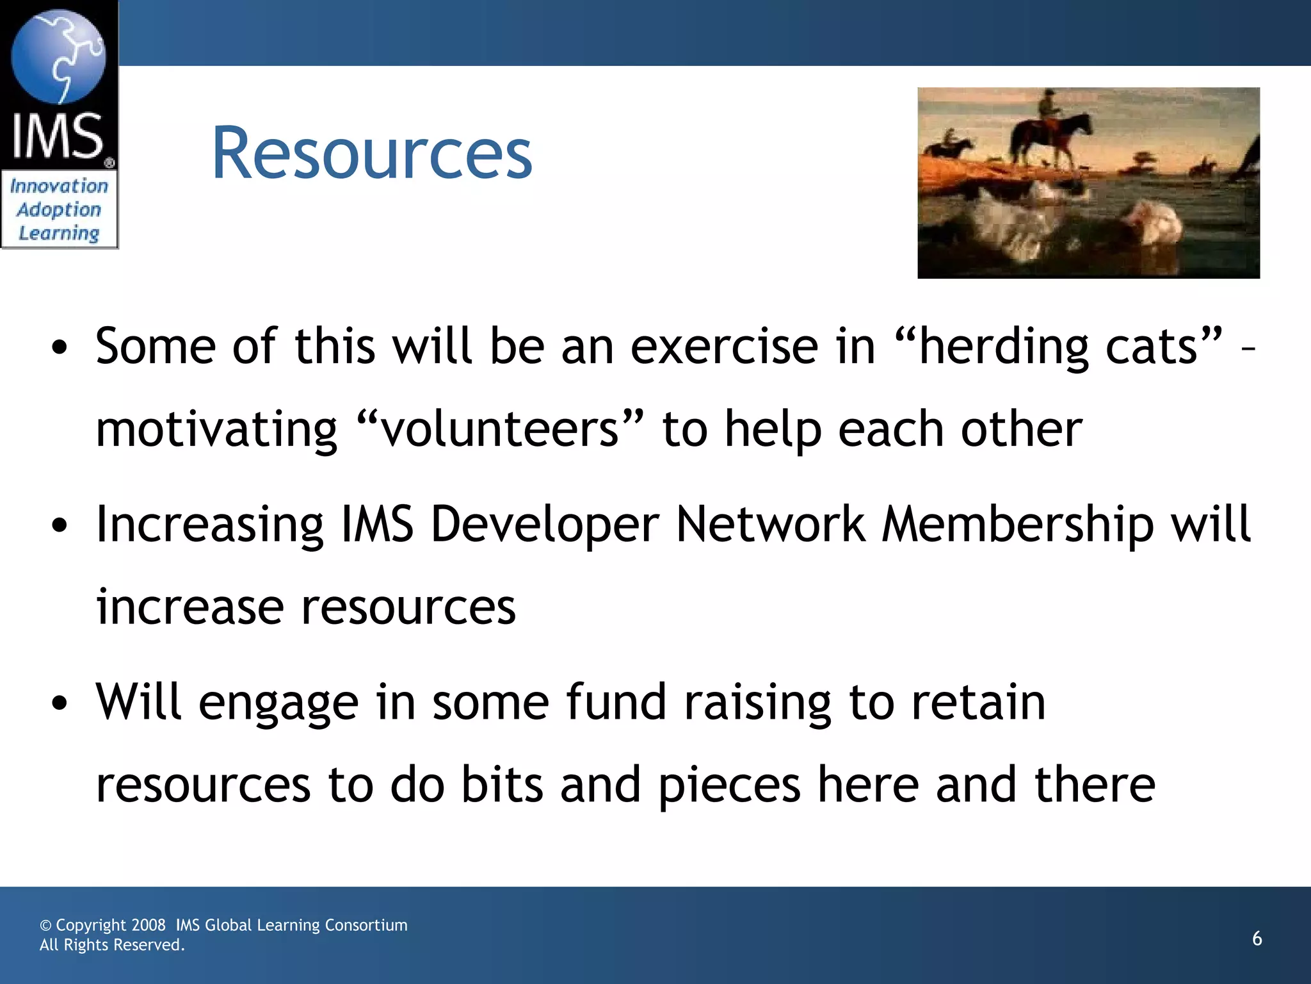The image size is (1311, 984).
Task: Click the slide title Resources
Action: click(x=371, y=154)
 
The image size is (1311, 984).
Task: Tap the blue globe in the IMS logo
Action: click(x=58, y=56)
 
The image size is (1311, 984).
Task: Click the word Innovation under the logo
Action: click(x=59, y=186)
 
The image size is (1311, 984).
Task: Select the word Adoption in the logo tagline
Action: click(x=59, y=210)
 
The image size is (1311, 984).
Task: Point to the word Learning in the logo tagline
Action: click(x=59, y=233)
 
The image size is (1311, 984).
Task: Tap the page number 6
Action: click(x=1257, y=939)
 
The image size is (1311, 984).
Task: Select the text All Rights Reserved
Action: click(x=112, y=945)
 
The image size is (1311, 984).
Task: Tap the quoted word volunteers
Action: click(x=499, y=429)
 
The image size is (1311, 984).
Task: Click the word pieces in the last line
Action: click(x=729, y=785)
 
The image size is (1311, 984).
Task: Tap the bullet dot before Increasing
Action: click(x=60, y=526)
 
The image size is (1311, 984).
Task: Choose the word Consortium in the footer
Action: click(x=366, y=925)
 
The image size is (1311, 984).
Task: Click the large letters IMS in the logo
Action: click(x=58, y=136)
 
